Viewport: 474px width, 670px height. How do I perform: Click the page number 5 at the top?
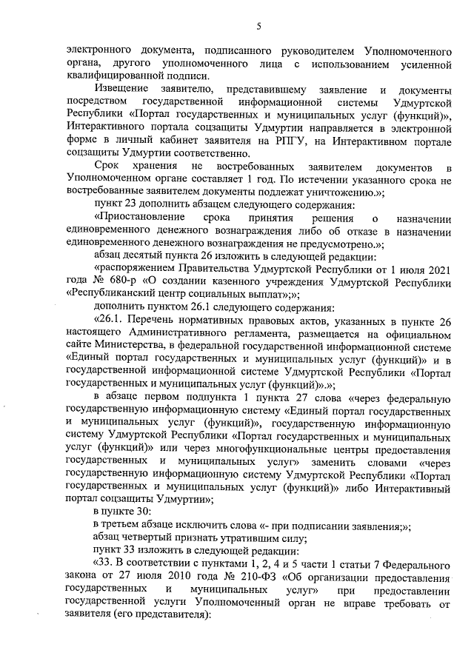click(x=259, y=27)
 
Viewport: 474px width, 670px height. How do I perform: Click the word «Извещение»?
click(x=121, y=89)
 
